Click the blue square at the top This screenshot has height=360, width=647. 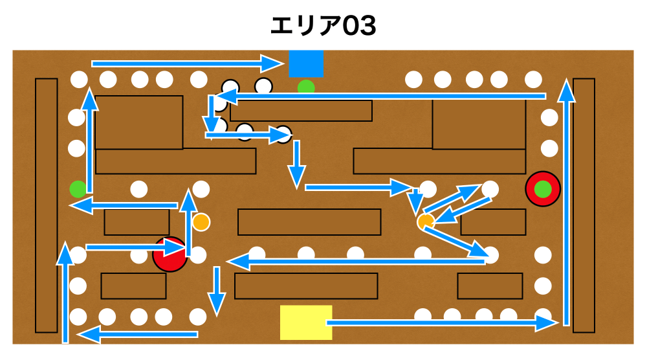[x=306, y=63]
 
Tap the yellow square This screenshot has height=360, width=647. [x=306, y=322]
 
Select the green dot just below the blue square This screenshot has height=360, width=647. [x=306, y=87]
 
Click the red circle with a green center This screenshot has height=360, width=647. [x=543, y=188]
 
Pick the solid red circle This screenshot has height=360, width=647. [x=170, y=254]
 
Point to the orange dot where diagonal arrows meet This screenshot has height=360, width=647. [x=426, y=222]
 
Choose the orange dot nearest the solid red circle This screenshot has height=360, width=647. [x=201, y=221]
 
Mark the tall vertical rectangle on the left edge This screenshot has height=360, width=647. [x=47, y=205]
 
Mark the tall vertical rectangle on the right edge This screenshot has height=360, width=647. [x=584, y=205]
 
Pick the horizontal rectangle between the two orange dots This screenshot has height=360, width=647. [x=309, y=222]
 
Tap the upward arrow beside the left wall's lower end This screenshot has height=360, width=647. [x=65, y=291]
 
